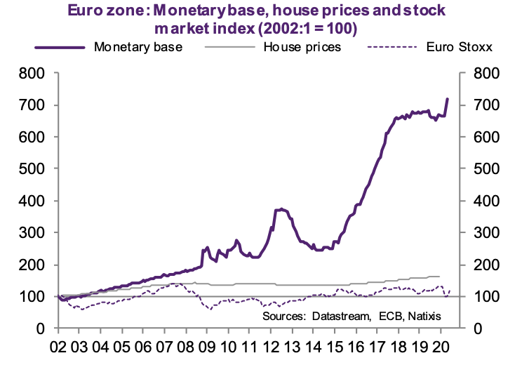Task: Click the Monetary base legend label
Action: pyautogui.click(x=138, y=48)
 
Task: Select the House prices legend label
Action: pyautogui.click(x=302, y=48)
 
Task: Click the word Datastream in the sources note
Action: pyautogui.click(x=337, y=317)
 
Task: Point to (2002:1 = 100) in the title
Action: pyautogui.click(x=302, y=29)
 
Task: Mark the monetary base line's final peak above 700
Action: pyautogui.click(x=448, y=99)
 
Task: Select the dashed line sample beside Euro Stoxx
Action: pyautogui.click(x=393, y=48)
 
